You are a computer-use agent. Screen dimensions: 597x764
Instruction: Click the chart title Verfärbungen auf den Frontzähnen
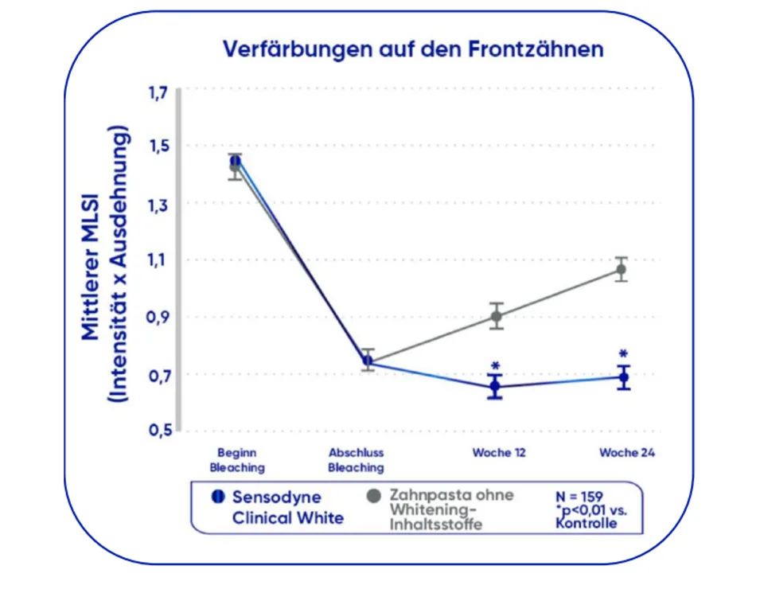[412, 49]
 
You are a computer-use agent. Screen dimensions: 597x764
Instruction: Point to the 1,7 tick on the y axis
[157, 92]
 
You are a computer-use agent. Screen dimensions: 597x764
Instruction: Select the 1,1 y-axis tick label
[157, 260]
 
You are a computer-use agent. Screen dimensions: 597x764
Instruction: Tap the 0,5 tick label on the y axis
[157, 431]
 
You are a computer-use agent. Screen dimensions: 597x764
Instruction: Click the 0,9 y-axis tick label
[157, 318]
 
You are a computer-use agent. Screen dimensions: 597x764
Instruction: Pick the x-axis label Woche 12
[498, 453]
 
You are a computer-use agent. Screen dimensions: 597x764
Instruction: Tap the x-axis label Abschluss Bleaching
[356, 460]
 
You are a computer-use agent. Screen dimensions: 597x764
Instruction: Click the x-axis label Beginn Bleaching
[237, 460]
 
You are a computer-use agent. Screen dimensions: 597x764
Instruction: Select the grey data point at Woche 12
[497, 316]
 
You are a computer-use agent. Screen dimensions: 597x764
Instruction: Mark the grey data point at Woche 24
[621, 269]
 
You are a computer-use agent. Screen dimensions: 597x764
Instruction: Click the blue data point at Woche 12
[496, 386]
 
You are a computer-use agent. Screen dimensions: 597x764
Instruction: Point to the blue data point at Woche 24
[624, 377]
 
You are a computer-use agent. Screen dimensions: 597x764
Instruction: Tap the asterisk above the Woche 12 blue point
[495, 366]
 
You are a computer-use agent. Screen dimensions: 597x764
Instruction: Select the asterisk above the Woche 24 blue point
[623, 354]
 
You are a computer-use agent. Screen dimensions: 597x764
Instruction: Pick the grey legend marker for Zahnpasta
[370, 497]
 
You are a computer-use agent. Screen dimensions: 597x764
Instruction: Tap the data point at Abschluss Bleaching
[367, 361]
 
